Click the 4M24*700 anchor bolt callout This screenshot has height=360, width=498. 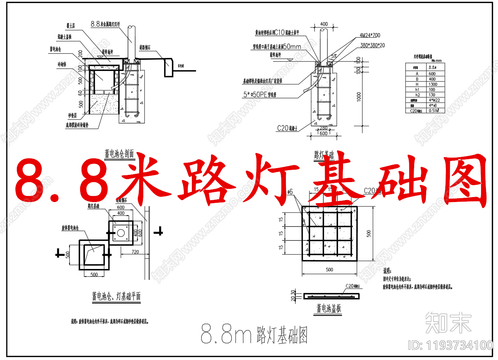pos(370,35)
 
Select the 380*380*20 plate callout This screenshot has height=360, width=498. pos(372,45)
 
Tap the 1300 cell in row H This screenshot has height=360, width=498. pos(433,84)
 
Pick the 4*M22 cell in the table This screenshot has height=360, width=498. pos(434,100)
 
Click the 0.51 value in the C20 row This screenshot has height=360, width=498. pos(434,111)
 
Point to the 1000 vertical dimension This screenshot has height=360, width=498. pos(359,97)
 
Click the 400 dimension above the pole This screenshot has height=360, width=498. pos(324,24)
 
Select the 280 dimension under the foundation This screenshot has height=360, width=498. pos(323,128)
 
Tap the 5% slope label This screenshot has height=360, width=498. pos(334,56)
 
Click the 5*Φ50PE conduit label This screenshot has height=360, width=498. pos(260,95)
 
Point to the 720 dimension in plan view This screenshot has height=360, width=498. pos(135,252)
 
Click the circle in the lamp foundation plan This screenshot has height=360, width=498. pos(121,233)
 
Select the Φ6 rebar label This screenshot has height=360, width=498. pos(290,192)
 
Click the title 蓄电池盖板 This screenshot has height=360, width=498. pos(329,309)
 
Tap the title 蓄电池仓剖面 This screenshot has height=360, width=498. pos(119,153)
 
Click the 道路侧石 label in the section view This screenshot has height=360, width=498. pos(145,48)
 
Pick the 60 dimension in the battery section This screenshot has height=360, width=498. pos(80,93)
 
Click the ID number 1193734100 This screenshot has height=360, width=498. pos(450,345)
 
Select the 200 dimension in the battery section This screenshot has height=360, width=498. pos(80,54)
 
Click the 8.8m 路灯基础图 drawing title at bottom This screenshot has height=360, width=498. pos(254,334)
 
